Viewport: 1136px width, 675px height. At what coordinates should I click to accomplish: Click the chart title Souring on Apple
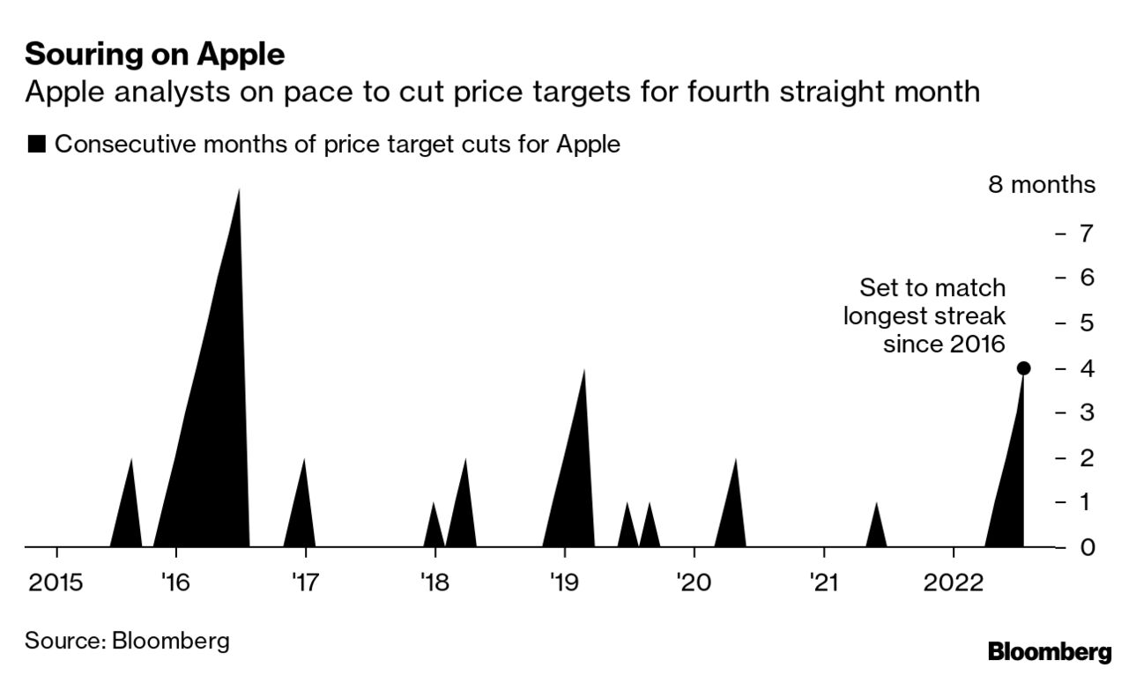(x=154, y=55)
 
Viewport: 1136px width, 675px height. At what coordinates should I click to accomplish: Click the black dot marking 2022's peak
(x=1023, y=368)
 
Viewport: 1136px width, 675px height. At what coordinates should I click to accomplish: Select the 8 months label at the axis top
(x=1042, y=185)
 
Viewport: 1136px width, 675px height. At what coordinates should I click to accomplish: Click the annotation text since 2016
(x=944, y=344)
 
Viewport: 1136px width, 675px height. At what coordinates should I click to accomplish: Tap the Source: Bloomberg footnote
(x=127, y=641)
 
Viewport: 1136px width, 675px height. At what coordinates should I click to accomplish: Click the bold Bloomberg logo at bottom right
(x=1050, y=653)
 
